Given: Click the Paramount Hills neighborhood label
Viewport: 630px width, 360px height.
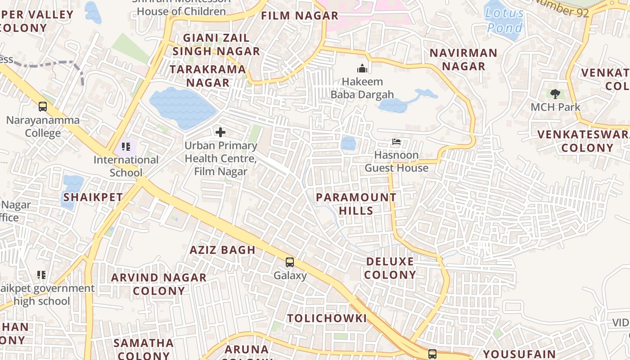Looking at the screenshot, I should (x=356, y=204).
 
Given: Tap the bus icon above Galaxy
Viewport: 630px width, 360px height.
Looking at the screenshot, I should (x=290, y=262).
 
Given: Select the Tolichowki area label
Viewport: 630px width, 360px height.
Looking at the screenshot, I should (x=327, y=318).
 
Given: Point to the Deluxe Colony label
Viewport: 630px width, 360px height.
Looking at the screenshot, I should (x=390, y=268).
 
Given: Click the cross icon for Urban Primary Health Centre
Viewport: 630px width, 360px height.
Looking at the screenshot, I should (x=220, y=132).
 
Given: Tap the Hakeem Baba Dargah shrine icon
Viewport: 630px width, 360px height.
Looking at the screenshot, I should (x=362, y=69).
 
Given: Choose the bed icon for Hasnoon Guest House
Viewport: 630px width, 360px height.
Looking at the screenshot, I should (x=396, y=142).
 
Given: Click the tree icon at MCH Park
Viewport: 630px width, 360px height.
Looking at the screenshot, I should (x=555, y=94).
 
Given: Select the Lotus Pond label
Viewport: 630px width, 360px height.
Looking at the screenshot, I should (x=504, y=20).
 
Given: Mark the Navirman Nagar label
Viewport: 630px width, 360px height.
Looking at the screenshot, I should (x=463, y=59).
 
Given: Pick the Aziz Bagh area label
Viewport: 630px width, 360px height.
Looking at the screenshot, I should (x=222, y=250).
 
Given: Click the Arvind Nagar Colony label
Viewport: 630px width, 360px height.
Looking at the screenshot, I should (x=159, y=284).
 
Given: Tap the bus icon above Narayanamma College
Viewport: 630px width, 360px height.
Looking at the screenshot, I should (x=43, y=107).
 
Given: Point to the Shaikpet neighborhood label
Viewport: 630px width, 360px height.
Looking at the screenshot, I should (x=93, y=197).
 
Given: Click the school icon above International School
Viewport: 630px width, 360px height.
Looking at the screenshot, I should (x=126, y=146).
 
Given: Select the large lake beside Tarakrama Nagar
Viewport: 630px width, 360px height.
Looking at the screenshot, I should (x=182, y=108).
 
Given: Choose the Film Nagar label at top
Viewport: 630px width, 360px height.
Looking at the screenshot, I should (x=300, y=16).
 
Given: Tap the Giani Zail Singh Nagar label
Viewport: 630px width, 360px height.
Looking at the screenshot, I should (x=216, y=45).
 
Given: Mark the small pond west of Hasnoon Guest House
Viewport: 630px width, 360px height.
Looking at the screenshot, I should (x=348, y=144).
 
